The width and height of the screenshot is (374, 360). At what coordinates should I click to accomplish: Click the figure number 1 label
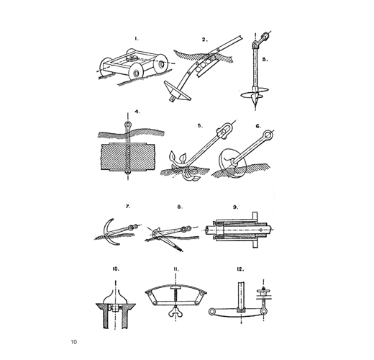[x=137, y=39]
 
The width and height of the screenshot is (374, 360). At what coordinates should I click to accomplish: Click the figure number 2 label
[x=204, y=40]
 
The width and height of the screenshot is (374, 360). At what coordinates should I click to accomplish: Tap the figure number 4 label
[x=137, y=112]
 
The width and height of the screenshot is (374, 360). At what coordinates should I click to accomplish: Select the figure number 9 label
[x=236, y=207]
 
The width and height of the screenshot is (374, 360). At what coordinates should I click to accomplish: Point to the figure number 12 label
[x=240, y=269]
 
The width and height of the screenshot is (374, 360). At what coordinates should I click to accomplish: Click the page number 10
[x=74, y=342]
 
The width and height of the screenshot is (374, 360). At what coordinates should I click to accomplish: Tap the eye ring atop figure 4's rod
[x=128, y=125]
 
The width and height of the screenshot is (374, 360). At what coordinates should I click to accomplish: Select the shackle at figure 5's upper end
[x=224, y=131]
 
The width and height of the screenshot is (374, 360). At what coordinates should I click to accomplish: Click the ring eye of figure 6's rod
[x=268, y=135]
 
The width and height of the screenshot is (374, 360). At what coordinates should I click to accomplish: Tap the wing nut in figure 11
[x=175, y=312]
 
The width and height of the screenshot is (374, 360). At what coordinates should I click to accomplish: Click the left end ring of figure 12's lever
[x=212, y=312]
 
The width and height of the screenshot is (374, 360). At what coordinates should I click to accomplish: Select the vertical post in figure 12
[x=241, y=296]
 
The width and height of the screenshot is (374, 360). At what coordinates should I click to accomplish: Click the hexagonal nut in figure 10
[x=115, y=307]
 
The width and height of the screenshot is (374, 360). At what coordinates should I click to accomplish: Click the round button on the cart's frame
[x=131, y=58]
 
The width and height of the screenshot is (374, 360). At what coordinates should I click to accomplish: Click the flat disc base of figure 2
[x=178, y=91]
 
